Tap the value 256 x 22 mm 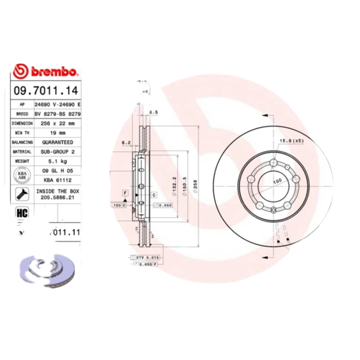58,123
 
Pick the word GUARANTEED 58,142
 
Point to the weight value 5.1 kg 58,161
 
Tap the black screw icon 21,194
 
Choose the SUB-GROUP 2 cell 58,152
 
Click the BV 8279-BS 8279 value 58,114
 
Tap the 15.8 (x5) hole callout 292,141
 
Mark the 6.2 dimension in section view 126,143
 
